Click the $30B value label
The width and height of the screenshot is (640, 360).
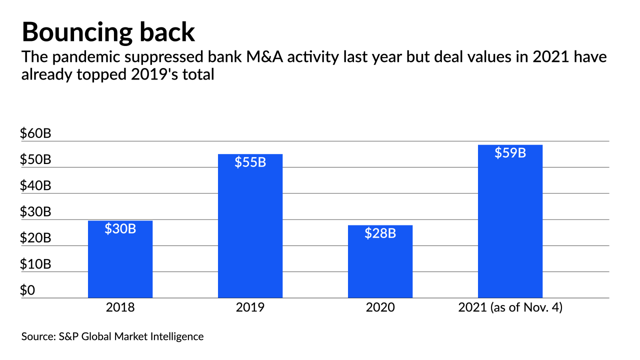(x=120, y=228)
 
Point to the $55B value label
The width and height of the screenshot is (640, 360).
(x=250, y=162)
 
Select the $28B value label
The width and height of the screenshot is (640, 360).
(x=380, y=233)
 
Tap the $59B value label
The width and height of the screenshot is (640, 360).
(x=510, y=153)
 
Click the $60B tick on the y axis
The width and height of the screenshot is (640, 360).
(x=35, y=134)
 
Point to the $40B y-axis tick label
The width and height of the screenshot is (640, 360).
(x=35, y=186)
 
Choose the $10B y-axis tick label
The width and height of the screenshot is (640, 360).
(x=35, y=264)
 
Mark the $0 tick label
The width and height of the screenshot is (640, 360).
(x=28, y=290)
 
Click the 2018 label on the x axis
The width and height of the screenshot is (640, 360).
(x=120, y=307)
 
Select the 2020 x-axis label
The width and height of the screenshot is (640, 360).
(x=380, y=307)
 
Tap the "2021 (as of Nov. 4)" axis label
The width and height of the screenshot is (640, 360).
(x=510, y=307)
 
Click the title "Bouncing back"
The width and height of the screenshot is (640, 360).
(x=108, y=32)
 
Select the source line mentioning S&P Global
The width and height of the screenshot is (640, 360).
(x=112, y=336)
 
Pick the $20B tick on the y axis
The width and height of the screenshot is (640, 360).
(x=35, y=238)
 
